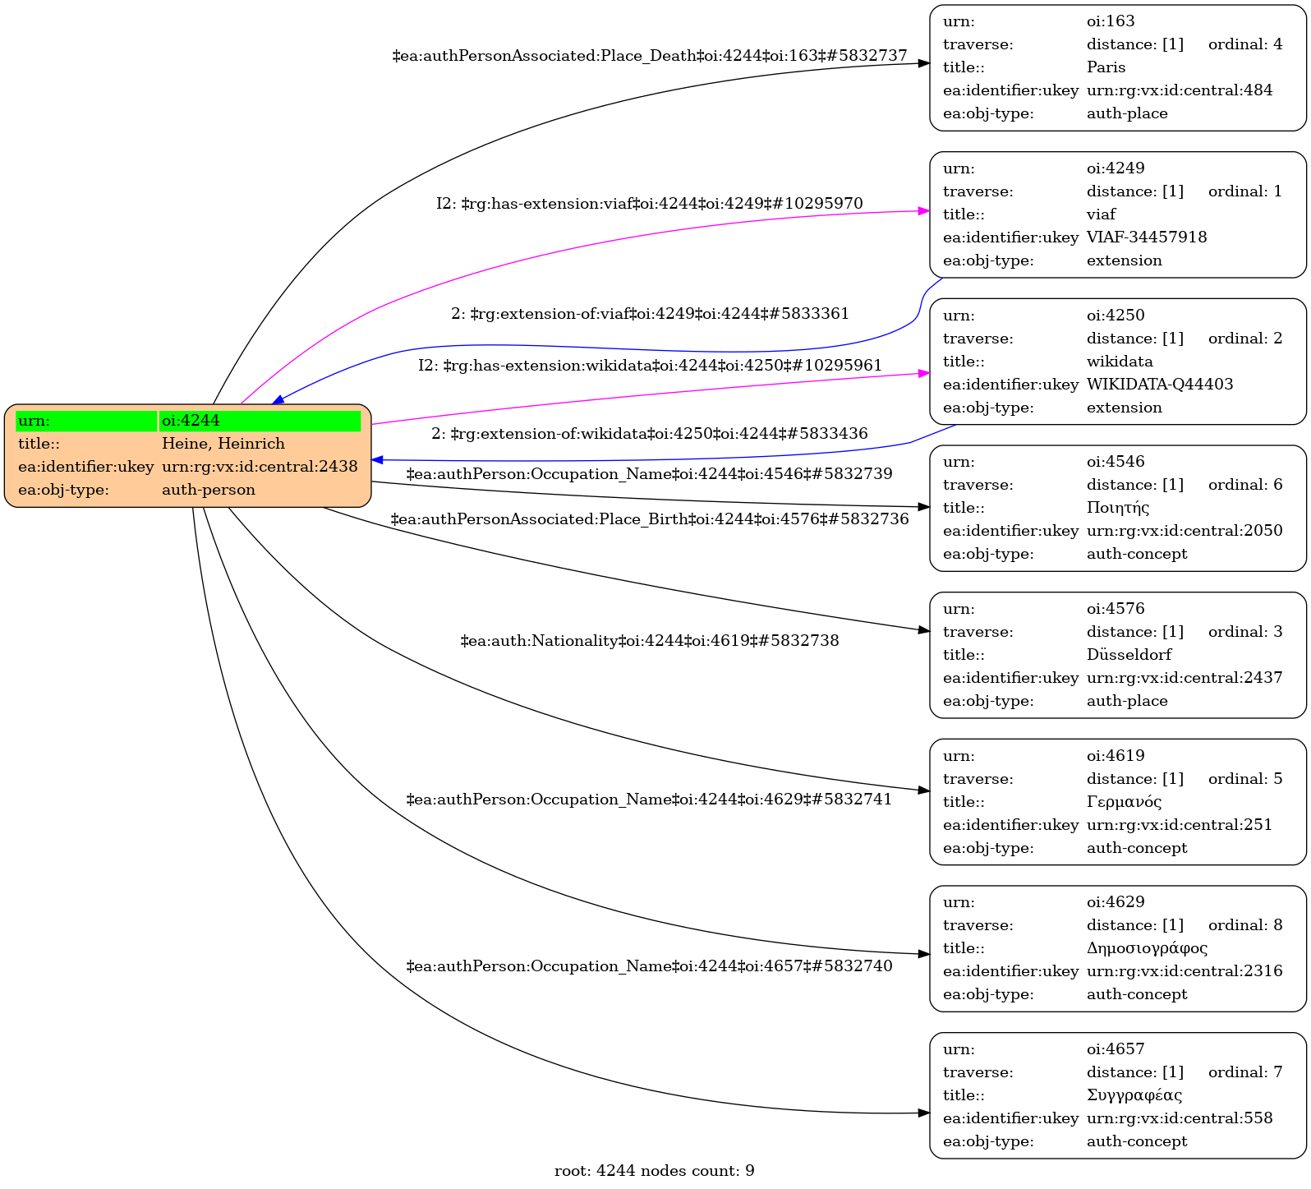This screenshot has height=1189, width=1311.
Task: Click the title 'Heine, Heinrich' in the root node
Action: (x=223, y=444)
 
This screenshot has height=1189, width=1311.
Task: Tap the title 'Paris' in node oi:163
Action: (x=1106, y=67)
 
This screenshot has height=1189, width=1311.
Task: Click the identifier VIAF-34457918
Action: (x=1147, y=237)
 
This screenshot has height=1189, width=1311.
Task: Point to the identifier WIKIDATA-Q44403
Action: (x=1160, y=385)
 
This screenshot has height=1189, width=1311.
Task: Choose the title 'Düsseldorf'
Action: (x=1129, y=655)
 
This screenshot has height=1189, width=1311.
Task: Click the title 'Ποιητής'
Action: (x=1118, y=508)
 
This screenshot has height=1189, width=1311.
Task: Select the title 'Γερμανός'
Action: (x=1124, y=802)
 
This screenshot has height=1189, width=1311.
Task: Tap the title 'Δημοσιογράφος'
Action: (x=1147, y=948)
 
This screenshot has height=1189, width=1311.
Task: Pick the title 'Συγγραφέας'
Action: (x=1134, y=1095)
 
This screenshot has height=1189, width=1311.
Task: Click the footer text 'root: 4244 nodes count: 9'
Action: (x=655, y=1171)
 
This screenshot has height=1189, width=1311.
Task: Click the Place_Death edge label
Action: (x=650, y=56)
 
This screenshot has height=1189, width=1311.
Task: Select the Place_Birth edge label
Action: (x=650, y=519)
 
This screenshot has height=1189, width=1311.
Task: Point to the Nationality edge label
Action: (x=650, y=641)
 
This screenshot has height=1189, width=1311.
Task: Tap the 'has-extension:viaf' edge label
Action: (x=650, y=204)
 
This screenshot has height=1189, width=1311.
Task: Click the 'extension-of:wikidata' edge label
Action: (x=650, y=434)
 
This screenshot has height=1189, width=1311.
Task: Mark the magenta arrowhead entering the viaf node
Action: (x=924, y=211)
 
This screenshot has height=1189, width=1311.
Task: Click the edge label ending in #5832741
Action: (x=650, y=800)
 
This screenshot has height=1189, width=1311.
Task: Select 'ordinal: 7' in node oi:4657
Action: (x=1245, y=1072)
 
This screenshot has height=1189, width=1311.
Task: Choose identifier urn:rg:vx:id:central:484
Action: (x=1180, y=90)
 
